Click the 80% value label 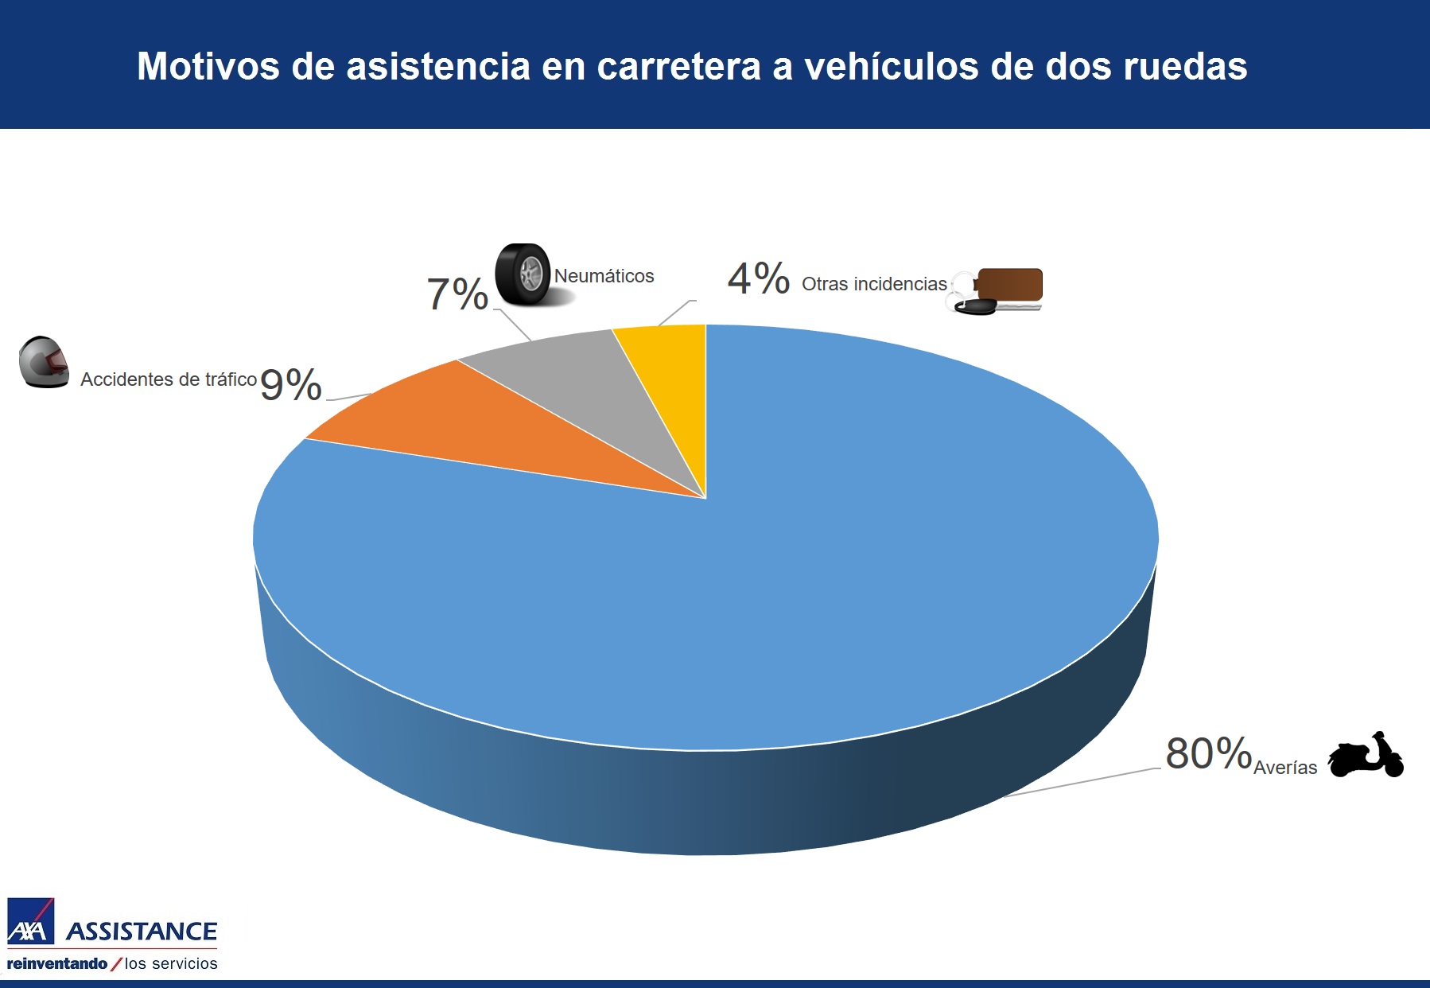pyautogui.click(x=1208, y=753)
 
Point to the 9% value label pyautogui.click(x=290, y=385)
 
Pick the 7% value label pyautogui.click(x=457, y=294)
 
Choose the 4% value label pyautogui.click(x=758, y=279)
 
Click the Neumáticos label pyautogui.click(x=604, y=276)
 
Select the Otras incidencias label pyautogui.click(x=874, y=284)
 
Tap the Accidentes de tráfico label pyautogui.click(x=169, y=379)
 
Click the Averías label pyautogui.click(x=1285, y=768)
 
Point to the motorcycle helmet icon pyautogui.click(x=45, y=362)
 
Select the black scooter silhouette pyautogui.click(x=1366, y=756)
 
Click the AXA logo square pyautogui.click(x=30, y=922)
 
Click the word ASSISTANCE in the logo pyautogui.click(x=142, y=932)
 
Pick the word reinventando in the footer pyautogui.click(x=57, y=963)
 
